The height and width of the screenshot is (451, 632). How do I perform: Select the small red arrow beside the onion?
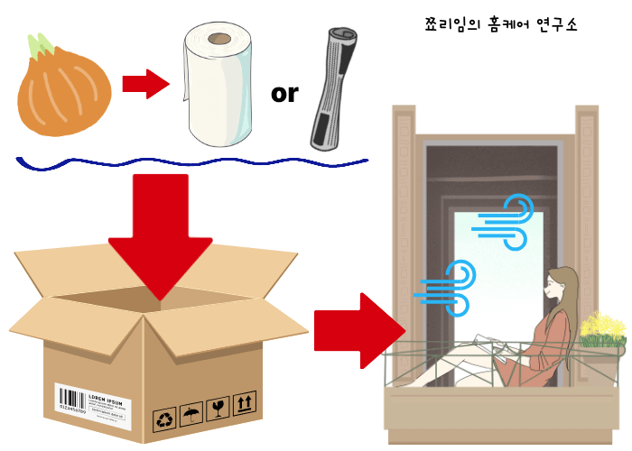point(144,85)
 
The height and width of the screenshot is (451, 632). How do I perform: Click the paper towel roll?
point(217,85)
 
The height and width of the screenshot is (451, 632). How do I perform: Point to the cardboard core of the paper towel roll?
point(219,39)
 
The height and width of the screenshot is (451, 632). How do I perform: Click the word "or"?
point(284,93)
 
